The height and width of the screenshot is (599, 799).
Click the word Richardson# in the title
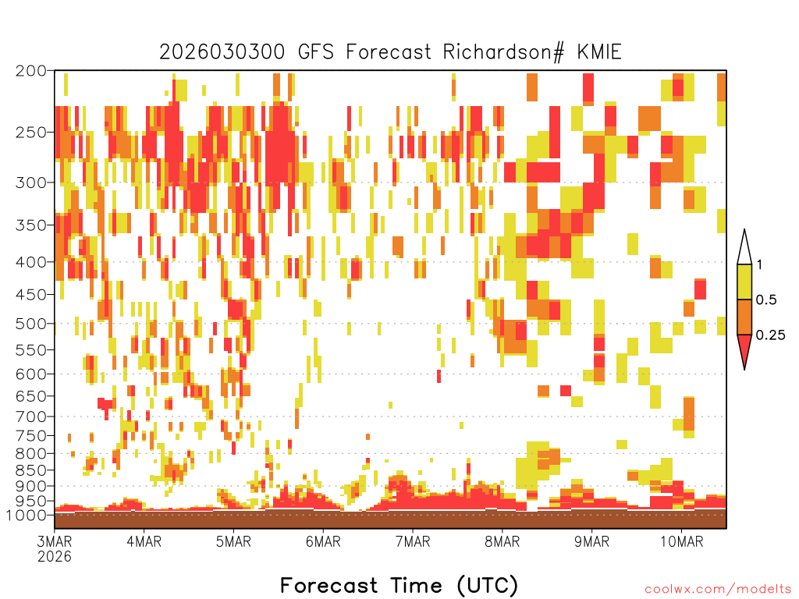click(503, 52)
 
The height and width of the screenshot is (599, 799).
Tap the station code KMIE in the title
click(599, 52)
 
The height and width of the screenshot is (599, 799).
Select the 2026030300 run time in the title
click(222, 52)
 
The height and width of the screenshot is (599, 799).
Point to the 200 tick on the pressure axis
click(31, 71)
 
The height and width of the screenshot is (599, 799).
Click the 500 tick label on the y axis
click(31, 324)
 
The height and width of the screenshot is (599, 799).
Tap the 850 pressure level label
click(31, 470)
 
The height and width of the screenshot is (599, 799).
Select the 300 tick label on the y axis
click(31, 183)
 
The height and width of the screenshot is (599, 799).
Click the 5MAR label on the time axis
click(233, 541)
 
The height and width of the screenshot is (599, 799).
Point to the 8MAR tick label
click(502, 541)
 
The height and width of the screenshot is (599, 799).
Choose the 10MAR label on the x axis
click(682, 541)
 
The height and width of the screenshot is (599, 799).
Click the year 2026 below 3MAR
click(55, 557)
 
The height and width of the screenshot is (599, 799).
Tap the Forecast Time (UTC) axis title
click(399, 585)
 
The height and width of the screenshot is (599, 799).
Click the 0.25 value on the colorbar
click(770, 335)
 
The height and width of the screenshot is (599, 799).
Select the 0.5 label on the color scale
click(766, 299)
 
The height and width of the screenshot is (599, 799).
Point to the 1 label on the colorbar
click(759, 264)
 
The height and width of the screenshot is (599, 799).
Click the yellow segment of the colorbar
click(744, 282)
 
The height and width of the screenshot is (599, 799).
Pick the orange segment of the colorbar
click(744, 317)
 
